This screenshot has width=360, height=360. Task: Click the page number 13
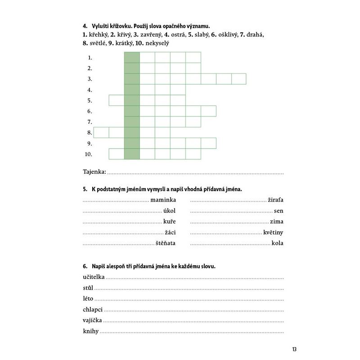click(x=294, y=349)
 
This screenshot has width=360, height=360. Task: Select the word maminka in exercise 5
click(x=163, y=200)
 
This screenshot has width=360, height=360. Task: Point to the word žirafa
click(x=276, y=200)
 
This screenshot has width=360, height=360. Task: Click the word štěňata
click(x=166, y=243)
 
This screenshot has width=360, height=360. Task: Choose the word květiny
click(x=274, y=232)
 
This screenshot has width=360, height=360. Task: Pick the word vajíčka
click(x=93, y=320)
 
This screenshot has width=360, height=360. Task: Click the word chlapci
click(x=93, y=310)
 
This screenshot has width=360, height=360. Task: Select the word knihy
click(x=91, y=332)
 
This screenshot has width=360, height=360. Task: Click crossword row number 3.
click(x=90, y=79)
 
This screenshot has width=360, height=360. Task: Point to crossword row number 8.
click(x=90, y=133)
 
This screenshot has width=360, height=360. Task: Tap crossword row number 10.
click(x=89, y=154)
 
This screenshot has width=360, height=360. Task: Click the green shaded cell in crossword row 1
click(x=132, y=57)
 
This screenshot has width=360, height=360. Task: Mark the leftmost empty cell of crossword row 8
click(x=101, y=132)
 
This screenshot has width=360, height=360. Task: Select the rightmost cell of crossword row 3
click(x=239, y=79)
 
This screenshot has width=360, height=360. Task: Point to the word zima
click(x=277, y=221)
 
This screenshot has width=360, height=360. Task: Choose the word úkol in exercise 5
click(x=169, y=211)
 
